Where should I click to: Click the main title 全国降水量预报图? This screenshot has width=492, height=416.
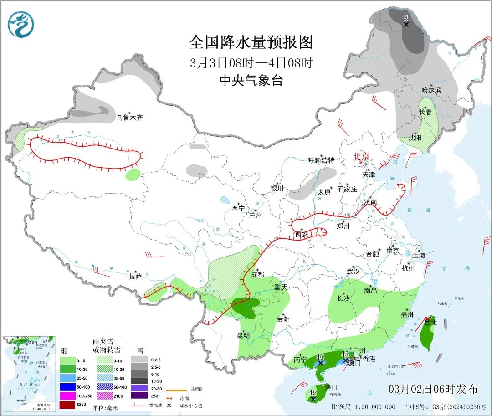[251, 42]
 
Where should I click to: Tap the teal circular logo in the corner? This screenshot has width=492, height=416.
[21, 24]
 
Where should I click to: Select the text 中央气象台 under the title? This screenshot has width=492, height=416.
[251, 81]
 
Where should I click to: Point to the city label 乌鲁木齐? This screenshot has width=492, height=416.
[129, 118]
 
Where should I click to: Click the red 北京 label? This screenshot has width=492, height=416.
[363, 156]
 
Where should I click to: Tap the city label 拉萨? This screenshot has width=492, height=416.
[135, 276]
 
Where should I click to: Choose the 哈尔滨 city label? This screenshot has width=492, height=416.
[431, 90]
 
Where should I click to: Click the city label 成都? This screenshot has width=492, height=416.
[257, 274]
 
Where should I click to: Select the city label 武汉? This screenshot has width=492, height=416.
[353, 271]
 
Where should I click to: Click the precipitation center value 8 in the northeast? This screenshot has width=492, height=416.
[406, 18]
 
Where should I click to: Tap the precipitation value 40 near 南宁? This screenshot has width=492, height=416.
[320, 357]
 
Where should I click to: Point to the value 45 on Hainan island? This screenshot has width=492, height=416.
[313, 392]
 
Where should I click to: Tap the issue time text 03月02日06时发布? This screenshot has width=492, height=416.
[433, 389]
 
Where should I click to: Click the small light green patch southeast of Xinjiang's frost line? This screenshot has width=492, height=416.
[133, 175]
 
